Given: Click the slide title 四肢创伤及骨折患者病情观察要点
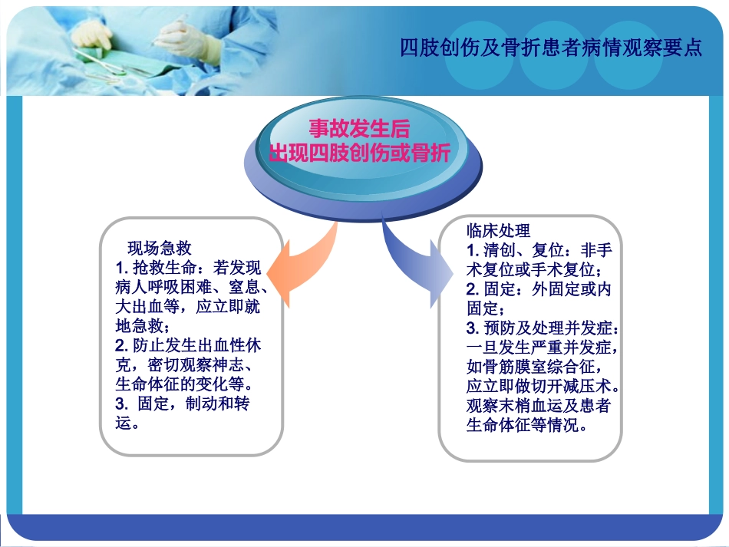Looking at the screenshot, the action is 551,48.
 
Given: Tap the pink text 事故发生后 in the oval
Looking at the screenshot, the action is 359,129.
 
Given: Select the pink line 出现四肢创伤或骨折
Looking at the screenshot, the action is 359,153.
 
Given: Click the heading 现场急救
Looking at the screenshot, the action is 160,248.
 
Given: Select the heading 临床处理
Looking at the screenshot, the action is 498,230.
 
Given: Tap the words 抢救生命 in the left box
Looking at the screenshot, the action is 164,268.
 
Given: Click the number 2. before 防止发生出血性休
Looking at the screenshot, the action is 122,345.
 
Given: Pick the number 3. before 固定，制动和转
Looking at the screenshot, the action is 122,404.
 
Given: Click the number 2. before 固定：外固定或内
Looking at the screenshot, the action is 473,289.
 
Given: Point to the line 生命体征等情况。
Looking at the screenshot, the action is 527,425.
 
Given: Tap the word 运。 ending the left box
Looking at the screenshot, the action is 127,423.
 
